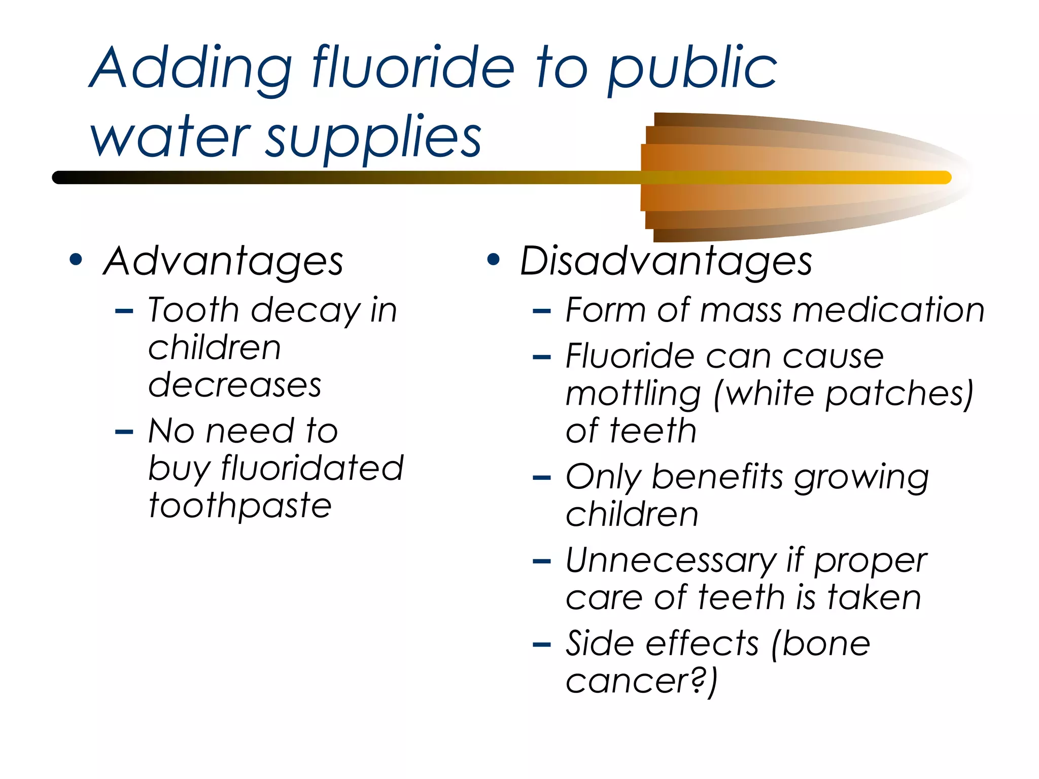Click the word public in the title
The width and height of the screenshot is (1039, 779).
(x=692, y=68)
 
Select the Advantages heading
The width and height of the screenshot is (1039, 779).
(x=223, y=262)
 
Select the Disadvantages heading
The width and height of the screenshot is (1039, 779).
(x=666, y=262)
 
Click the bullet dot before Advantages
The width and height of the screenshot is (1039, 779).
(x=76, y=260)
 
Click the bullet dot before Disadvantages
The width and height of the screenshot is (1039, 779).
(x=493, y=260)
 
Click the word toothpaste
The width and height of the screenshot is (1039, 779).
(x=240, y=506)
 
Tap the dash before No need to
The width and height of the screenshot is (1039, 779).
(x=124, y=433)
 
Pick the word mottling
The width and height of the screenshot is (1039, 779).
(x=634, y=394)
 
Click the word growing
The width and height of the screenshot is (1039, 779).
(x=861, y=478)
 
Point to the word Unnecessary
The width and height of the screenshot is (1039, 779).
(x=670, y=561)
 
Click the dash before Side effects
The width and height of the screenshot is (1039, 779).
(x=542, y=645)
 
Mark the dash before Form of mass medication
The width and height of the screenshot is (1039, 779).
(x=542, y=311)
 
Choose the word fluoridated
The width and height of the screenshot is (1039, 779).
(x=312, y=468)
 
